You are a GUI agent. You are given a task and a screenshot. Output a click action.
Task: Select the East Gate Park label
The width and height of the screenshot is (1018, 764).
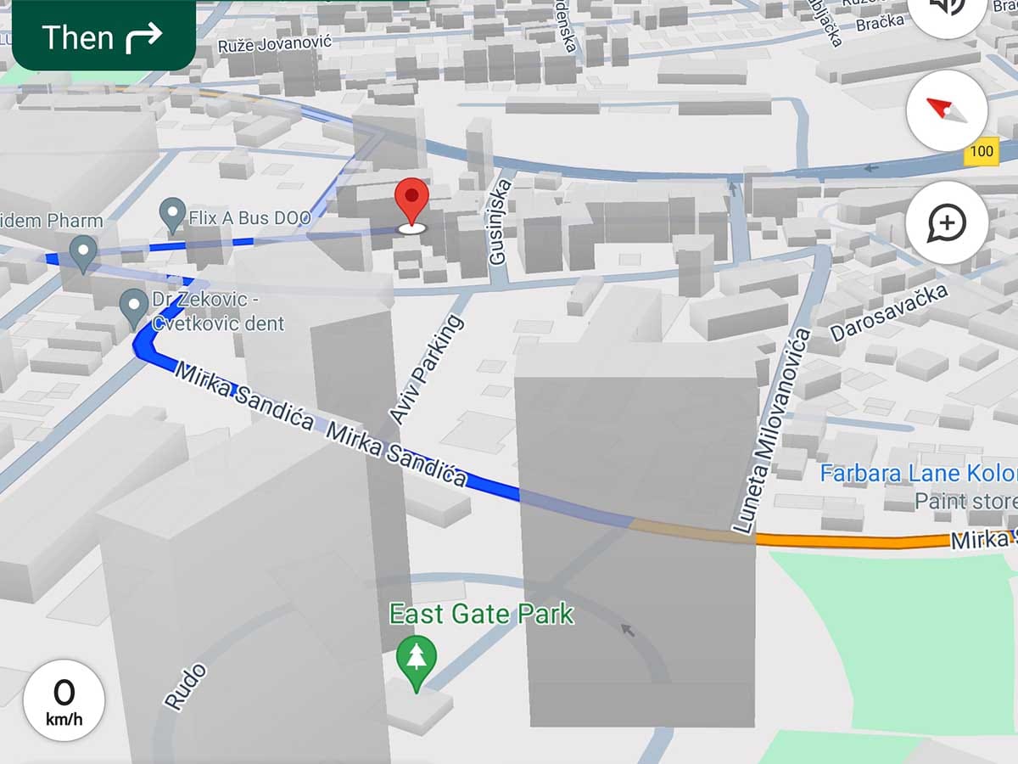[x=481, y=614]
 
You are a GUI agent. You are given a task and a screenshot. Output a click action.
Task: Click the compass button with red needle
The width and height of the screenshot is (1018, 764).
[x=946, y=110]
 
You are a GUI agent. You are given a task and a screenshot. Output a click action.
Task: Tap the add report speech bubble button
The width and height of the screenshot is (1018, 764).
[x=946, y=223]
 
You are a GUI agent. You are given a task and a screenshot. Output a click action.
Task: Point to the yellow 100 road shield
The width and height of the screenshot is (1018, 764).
[x=981, y=152]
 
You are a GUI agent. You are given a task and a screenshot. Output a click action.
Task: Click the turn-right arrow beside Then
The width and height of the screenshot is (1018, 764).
[x=143, y=38]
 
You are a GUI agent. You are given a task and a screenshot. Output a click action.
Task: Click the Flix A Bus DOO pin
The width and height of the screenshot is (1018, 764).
[x=173, y=214]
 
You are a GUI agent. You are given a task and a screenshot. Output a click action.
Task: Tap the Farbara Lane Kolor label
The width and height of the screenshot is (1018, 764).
[x=917, y=474]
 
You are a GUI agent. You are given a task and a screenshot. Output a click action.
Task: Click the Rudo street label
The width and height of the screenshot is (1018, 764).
[x=185, y=687]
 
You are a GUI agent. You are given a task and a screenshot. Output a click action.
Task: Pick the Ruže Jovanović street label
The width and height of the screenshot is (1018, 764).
[x=275, y=43]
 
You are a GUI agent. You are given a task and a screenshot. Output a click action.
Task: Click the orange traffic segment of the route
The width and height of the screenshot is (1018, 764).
[x=848, y=540]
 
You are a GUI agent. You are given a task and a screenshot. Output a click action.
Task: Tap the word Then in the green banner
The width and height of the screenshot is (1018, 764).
[x=77, y=38]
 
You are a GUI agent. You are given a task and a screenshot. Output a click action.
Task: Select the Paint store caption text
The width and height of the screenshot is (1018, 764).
[x=965, y=501]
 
